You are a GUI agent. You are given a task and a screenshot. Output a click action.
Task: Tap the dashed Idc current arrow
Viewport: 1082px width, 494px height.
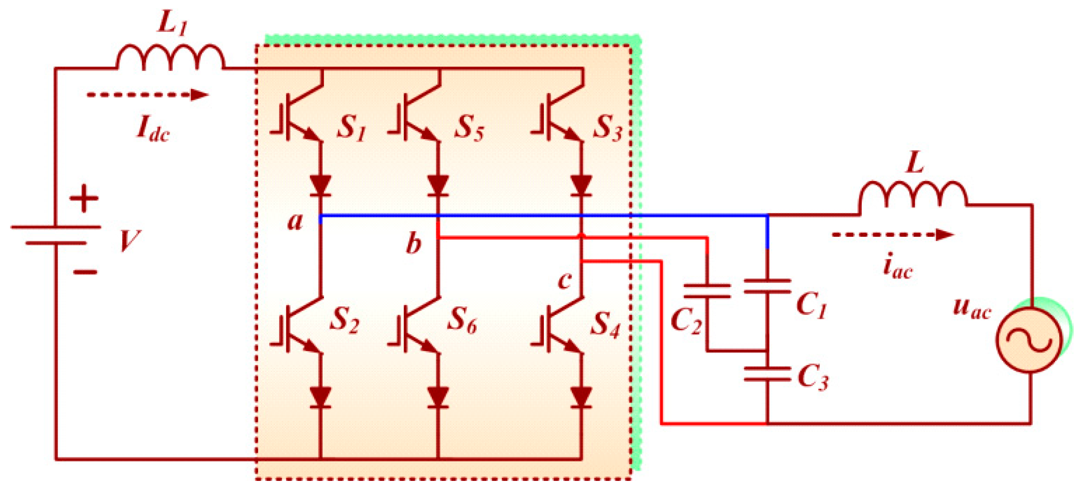(x=147, y=94)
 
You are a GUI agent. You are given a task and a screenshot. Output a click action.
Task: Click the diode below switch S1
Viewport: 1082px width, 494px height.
(x=320, y=185)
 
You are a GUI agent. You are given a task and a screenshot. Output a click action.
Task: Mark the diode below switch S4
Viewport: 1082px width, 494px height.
(x=582, y=397)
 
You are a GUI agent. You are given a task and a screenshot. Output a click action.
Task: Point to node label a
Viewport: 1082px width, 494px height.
(x=295, y=221)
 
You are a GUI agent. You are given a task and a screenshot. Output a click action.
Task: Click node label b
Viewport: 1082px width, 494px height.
(x=413, y=244)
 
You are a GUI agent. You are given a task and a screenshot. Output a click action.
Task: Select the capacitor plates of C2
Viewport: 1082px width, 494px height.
(x=707, y=291)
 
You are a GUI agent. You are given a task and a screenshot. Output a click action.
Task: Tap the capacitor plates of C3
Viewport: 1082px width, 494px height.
(x=767, y=374)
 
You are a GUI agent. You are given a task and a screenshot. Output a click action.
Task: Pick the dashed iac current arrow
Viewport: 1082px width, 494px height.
(x=892, y=235)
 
